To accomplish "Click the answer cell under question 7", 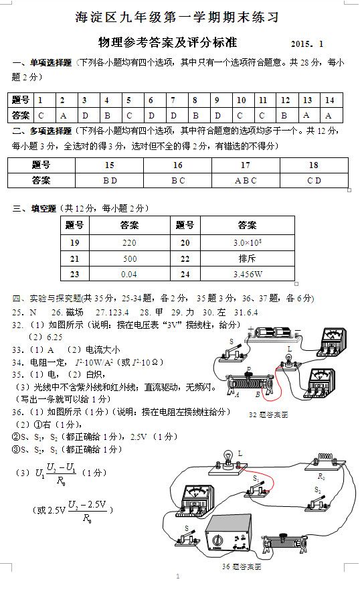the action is click(x=173, y=115).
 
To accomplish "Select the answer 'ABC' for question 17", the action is click(x=246, y=180).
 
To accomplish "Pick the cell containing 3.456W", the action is click(x=247, y=274).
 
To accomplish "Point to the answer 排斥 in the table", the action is click(x=247, y=258).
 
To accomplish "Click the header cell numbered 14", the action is click(x=329, y=100).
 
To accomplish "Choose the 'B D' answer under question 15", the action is click(x=110, y=180).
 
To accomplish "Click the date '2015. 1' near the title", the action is click(x=307, y=44).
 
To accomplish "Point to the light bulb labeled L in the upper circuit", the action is click(x=290, y=360).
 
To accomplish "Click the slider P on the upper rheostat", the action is click(x=249, y=372).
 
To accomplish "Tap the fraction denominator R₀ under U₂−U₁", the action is click(x=62, y=480).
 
